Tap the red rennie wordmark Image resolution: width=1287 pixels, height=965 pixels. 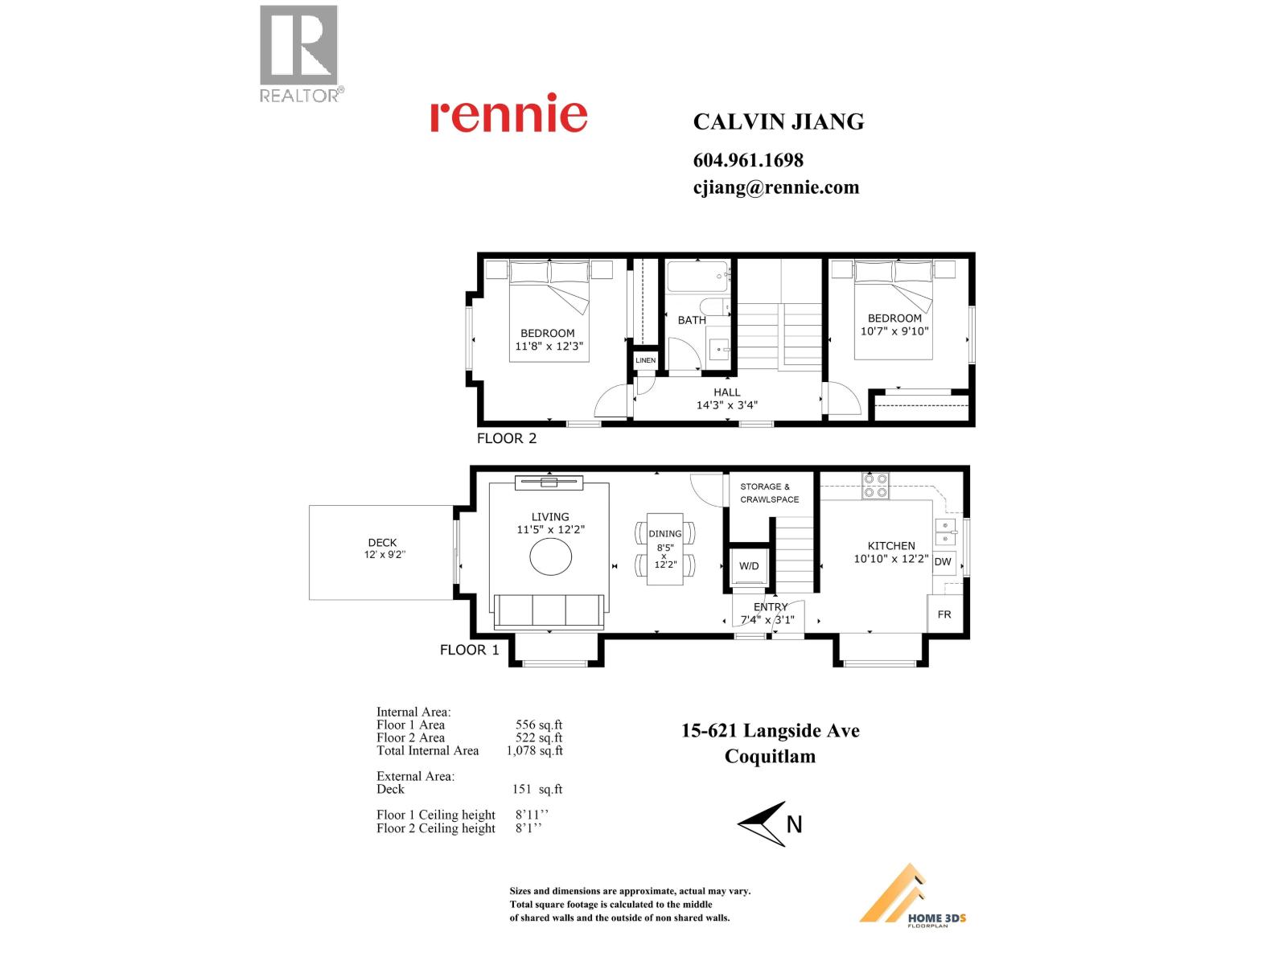click(508, 114)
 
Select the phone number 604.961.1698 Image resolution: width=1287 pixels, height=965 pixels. click(748, 160)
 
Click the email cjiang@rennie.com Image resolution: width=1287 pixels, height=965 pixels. click(775, 187)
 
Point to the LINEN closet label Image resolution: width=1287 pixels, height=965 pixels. click(645, 360)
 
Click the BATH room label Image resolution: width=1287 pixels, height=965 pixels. click(691, 320)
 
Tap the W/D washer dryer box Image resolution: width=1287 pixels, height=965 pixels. click(749, 566)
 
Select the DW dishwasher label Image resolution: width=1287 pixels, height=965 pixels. click(943, 562)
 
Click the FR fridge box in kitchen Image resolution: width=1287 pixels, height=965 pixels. click(944, 614)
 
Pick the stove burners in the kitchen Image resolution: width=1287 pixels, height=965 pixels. click(875, 485)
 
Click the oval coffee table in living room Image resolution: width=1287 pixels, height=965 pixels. click(551, 556)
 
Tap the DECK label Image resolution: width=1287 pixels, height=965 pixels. click(382, 543)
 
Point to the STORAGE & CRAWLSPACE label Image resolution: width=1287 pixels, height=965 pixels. click(769, 493)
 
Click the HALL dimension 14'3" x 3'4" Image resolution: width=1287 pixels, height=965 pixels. click(726, 405)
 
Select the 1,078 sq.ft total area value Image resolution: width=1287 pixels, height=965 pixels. click(534, 750)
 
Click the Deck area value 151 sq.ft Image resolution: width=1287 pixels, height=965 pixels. click(537, 789)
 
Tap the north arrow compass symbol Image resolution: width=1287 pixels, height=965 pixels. click(764, 823)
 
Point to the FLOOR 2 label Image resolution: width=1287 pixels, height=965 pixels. click(506, 438)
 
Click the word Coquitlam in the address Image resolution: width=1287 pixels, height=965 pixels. click(770, 756)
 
